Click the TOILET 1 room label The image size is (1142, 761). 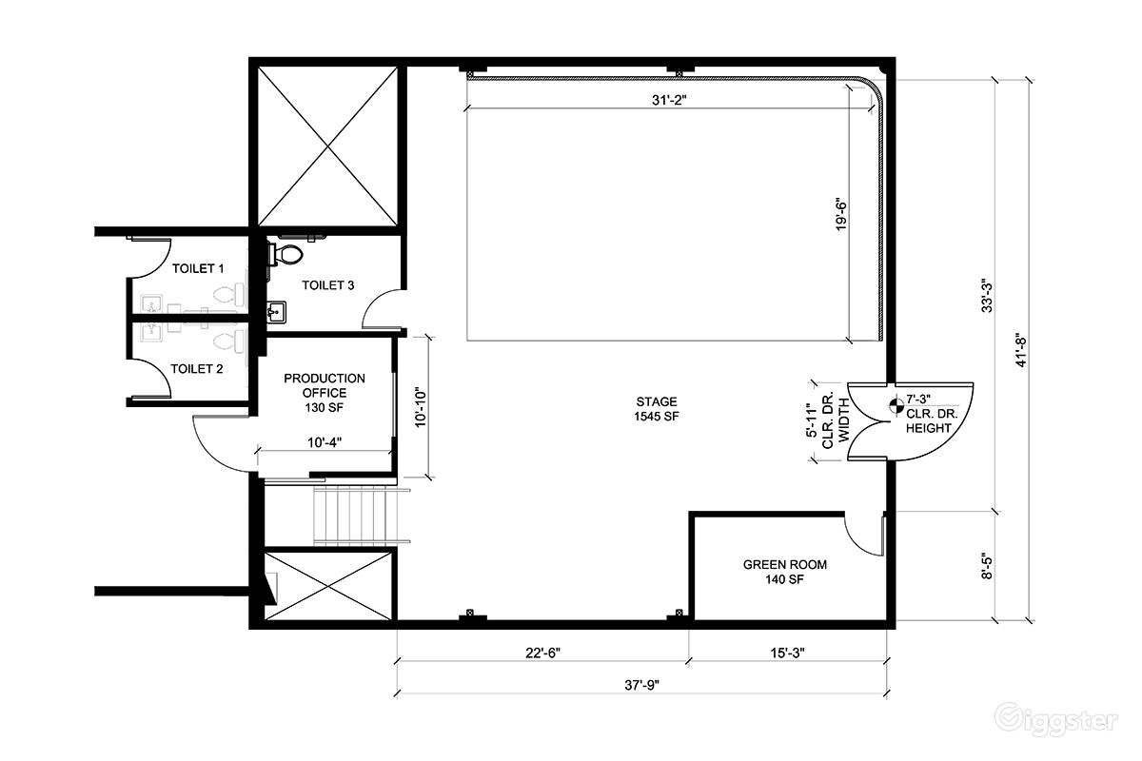[x=198, y=268]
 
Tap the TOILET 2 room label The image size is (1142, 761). [x=197, y=369]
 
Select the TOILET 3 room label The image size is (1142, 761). [x=327, y=285]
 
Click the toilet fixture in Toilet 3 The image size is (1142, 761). [x=286, y=254]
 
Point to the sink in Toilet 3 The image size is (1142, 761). [x=276, y=312]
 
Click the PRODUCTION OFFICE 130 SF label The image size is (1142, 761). [x=325, y=393]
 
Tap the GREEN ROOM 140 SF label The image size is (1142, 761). [x=784, y=572]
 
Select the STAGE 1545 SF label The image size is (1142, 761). [x=657, y=409]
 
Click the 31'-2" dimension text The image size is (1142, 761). [x=669, y=100]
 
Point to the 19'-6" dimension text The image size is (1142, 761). [x=841, y=214]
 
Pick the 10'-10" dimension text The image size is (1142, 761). [x=421, y=408]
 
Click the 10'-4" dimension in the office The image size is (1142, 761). [x=325, y=442]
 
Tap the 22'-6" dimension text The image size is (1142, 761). [x=543, y=653]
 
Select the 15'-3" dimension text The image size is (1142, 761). [x=787, y=653]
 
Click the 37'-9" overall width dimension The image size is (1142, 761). [x=641, y=685]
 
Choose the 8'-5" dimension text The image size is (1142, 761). [x=987, y=566]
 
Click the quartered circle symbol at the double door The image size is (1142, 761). [x=896, y=406]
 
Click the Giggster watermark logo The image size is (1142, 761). [x=1057, y=720]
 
